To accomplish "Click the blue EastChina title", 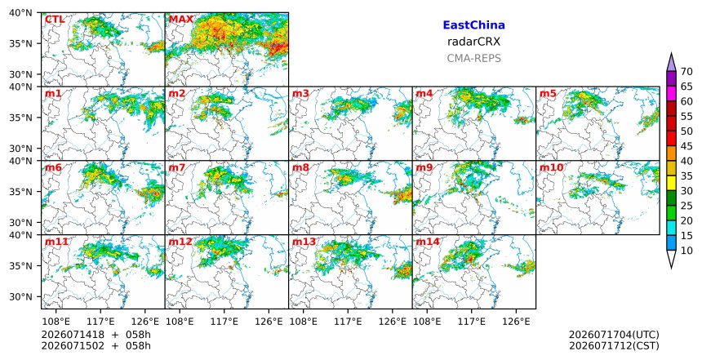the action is pos(473,25).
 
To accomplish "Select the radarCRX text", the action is pos(473,42).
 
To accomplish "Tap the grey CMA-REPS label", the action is pos(473,58).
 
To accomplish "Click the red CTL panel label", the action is pos(55,20).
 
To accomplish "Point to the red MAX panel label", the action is pos(181,20).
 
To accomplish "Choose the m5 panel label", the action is pos(548,94).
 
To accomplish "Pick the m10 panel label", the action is pos(552,167).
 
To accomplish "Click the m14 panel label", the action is pos(428,242).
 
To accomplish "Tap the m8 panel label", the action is pos(301,167).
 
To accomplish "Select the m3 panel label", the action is pos(301,94).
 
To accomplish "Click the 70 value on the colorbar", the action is pos(686,72).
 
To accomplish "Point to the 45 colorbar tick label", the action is pos(686,146).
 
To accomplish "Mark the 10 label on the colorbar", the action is pos(686,251).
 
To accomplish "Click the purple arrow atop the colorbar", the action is pos(671,63).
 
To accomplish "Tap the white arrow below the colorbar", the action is pos(671,260).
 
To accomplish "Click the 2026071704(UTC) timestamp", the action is pos(614,335).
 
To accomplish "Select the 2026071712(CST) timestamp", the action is pos(614,345).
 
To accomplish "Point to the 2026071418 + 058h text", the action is pos(96,335).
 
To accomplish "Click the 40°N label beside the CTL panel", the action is pos(20,13).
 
